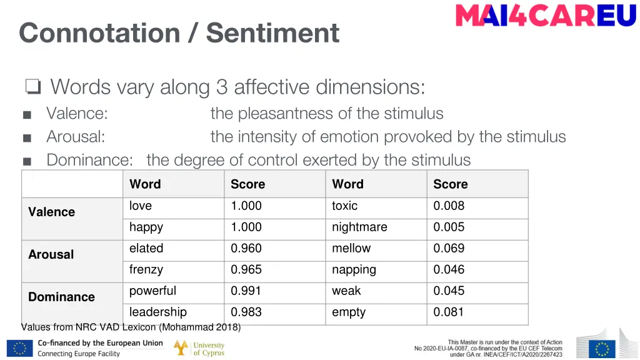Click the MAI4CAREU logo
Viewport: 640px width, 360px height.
pos(546,15)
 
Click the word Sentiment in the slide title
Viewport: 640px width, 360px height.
pos(273,32)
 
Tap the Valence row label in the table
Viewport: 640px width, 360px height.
pos(51,212)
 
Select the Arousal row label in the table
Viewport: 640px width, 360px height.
pos(51,254)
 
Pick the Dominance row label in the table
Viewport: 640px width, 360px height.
pos(61,297)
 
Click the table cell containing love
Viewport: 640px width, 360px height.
pos(141,206)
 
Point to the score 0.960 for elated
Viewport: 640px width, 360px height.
pos(246,248)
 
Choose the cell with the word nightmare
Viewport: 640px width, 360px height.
pos(359,227)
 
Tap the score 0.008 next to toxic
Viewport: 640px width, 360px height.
pos(449,206)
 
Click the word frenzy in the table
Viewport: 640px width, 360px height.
pos(146,269)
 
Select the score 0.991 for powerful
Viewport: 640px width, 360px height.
pos(246,291)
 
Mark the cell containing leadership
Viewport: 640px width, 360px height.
pos(157,312)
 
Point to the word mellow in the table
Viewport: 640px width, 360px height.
pos(351,248)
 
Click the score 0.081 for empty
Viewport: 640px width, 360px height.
pos(449,312)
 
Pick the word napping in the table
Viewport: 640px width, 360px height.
pos(354,269)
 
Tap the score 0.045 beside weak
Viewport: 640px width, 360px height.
pos(449,291)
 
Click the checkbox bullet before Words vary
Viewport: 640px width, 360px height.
pos(33,87)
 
